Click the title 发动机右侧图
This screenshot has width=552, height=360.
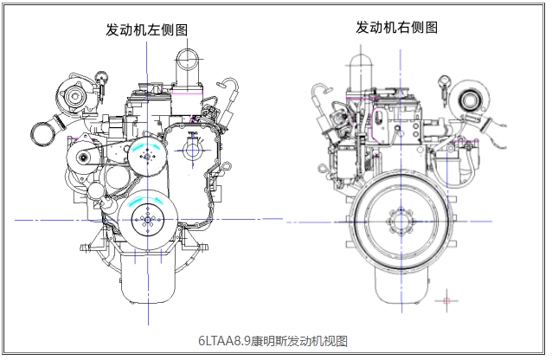(396, 28)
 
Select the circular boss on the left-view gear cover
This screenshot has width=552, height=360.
(192, 150)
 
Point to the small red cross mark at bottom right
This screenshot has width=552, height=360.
(446, 300)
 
